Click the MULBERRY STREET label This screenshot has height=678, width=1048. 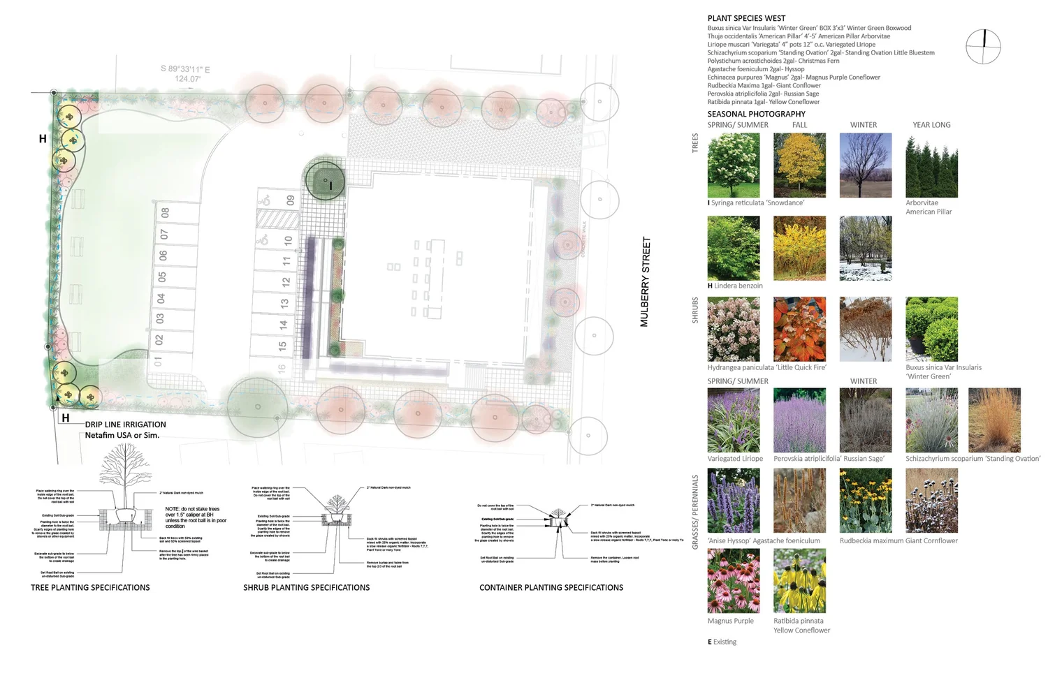pos(645,281)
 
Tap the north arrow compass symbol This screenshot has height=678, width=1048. pos(983,47)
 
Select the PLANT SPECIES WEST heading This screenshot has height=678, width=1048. pos(746,18)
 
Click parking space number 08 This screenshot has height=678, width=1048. pos(165,212)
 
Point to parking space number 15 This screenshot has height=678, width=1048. pos(282,346)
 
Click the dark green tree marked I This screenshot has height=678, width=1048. pos(326,181)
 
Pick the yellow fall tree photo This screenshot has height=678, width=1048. pos(799,165)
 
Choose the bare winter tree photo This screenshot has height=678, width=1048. pos(865,165)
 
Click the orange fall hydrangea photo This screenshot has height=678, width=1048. pos(799,329)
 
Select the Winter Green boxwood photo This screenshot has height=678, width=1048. pos(931,329)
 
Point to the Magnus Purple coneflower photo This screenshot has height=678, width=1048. pos(734,580)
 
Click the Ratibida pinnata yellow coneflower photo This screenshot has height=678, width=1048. pos(799,580)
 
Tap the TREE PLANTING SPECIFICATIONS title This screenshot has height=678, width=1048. pos(90,588)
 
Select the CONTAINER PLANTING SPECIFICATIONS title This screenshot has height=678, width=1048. pos(551,588)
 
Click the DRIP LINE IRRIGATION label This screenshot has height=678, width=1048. pos(126,425)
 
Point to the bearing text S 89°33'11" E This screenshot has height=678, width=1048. pos(185,69)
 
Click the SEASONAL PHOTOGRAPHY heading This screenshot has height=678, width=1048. pos(756,114)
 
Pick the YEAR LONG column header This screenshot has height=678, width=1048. pos(931,125)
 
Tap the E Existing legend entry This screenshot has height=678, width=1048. pos(722,642)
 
